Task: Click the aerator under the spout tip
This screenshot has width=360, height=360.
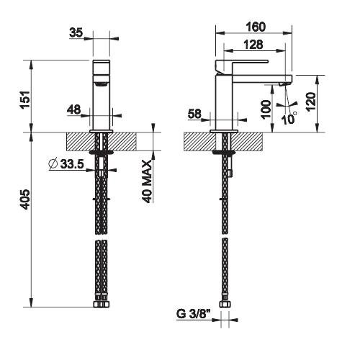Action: point(284,84)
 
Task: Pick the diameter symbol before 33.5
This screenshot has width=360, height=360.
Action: point(53,164)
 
